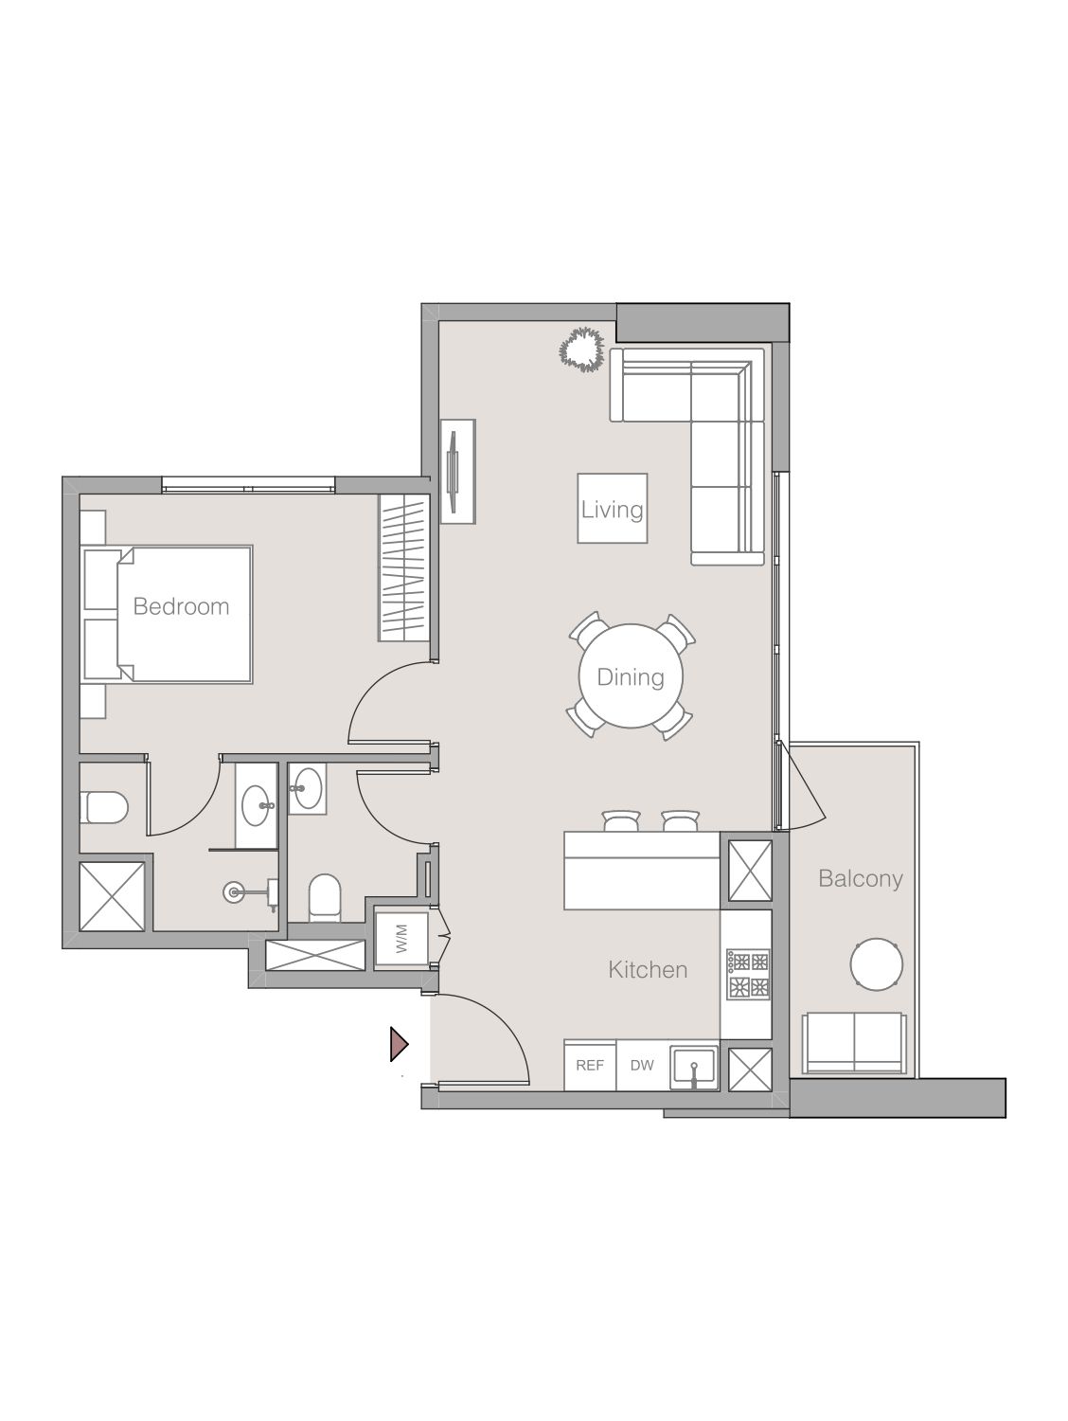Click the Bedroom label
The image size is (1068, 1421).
pos(181,606)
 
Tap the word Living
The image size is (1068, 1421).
pos(612,510)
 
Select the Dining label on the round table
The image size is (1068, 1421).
pos(631,677)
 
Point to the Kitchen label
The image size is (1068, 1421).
pos(648,969)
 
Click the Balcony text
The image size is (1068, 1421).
pos(860,878)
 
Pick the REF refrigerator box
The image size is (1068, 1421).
pos(590,1065)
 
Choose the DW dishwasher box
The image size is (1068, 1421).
pos(642,1065)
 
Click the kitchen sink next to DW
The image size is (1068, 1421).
pos(694,1067)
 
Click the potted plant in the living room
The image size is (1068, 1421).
pos(580,349)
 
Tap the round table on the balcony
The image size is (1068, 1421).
pos(875,964)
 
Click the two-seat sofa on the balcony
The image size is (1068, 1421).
pos(853,1042)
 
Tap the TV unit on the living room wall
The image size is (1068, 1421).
pos(458,470)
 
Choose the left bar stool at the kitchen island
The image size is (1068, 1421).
pos(622,821)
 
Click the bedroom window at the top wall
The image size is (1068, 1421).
pos(248,487)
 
